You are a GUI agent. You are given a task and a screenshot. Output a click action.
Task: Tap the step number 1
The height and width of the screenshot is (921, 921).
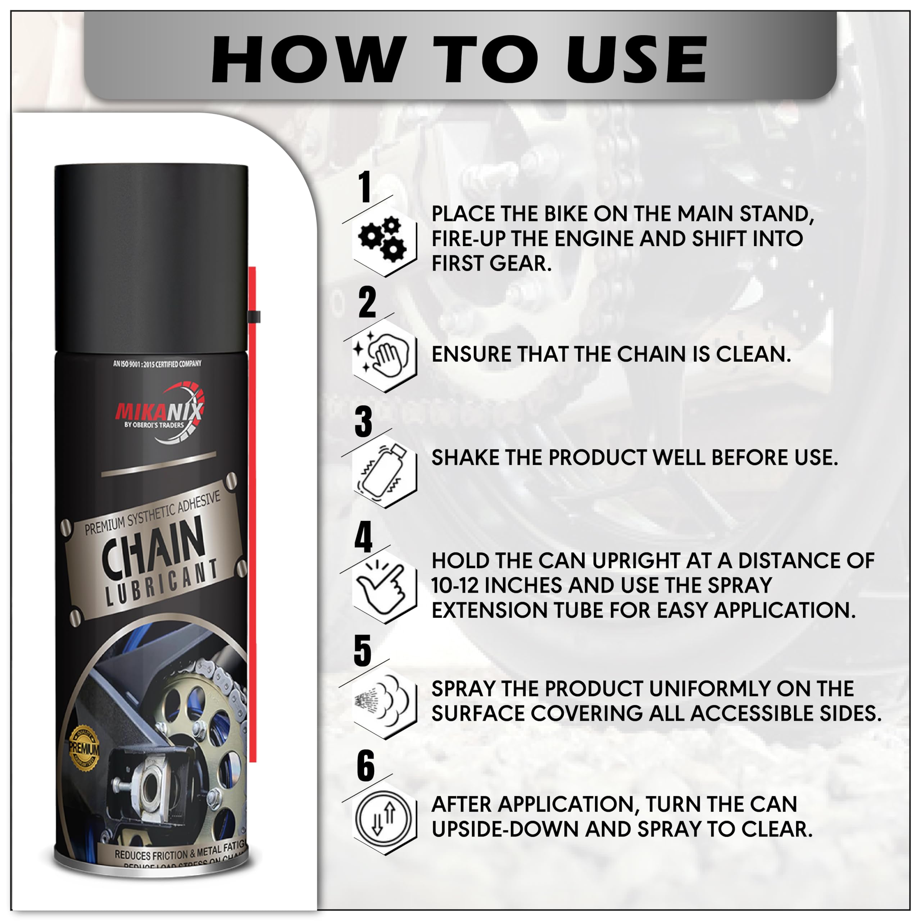[x=365, y=187]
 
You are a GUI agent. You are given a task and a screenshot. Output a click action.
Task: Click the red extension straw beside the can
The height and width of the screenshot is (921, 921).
[x=253, y=525]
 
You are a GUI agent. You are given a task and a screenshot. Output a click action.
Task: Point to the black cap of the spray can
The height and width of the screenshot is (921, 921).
[x=151, y=258]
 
